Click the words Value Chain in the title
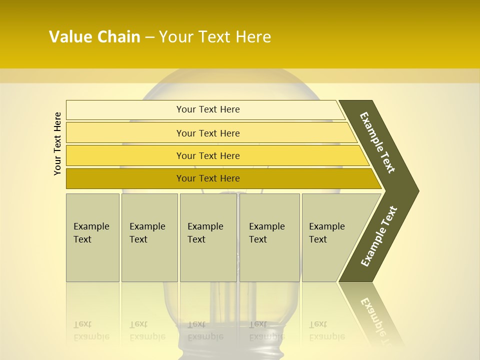(94, 37)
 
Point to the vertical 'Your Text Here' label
(57, 144)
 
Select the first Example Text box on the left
(92, 237)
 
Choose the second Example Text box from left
(149, 237)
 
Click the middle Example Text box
(208, 237)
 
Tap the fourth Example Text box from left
(269, 237)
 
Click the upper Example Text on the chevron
(378, 142)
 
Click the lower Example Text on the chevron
(379, 236)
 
